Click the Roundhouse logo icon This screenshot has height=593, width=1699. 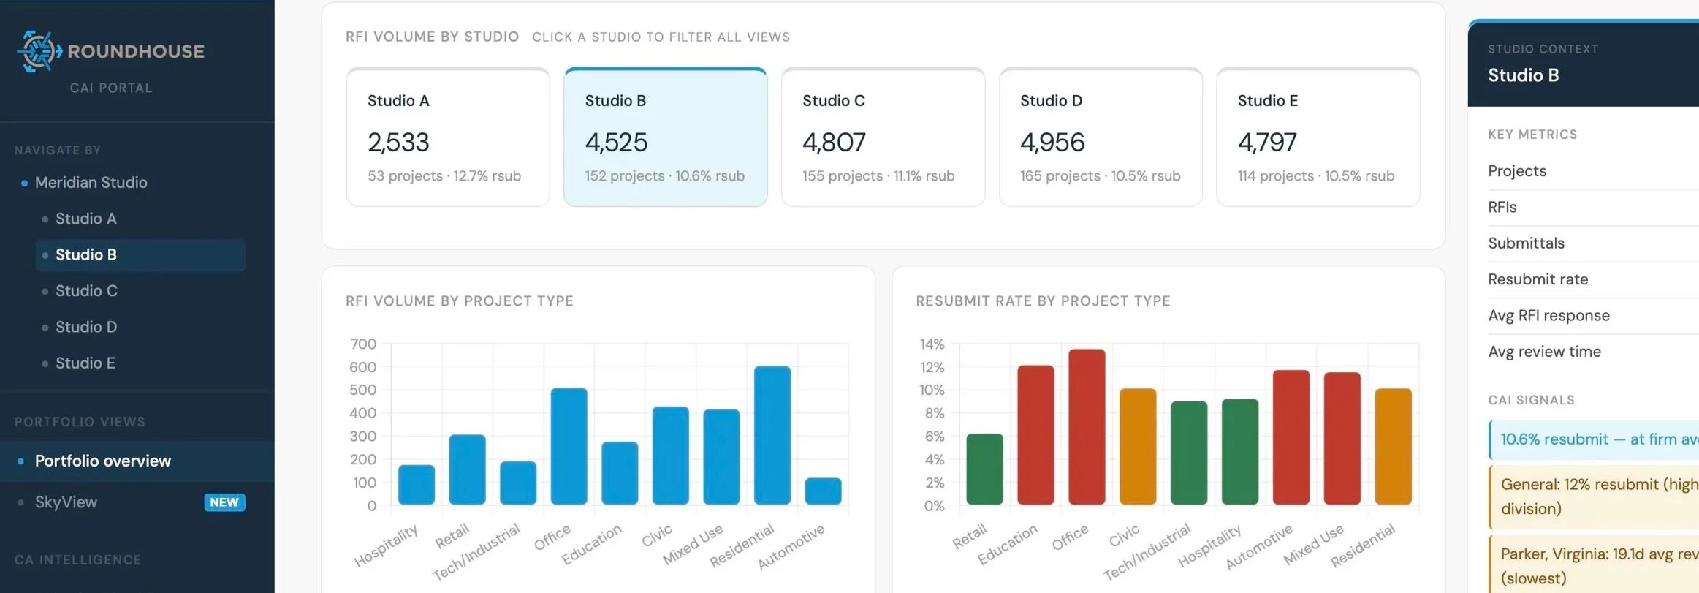tap(39, 51)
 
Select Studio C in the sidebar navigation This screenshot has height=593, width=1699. tap(86, 291)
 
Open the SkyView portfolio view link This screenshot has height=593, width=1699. tap(66, 502)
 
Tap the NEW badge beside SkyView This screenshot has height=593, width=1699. tap(224, 502)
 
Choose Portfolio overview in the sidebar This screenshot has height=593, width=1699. tap(103, 461)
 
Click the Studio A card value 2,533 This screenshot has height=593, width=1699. tap(398, 142)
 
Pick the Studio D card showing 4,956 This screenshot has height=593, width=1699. tap(1101, 137)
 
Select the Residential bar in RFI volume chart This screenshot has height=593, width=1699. tap(772, 435)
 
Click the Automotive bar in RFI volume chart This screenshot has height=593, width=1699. tap(823, 491)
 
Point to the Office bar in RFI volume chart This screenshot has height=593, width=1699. tap(569, 446)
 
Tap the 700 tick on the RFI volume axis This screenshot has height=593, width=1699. tap(363, 344)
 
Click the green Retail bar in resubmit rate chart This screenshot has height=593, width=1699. tap(984, 469)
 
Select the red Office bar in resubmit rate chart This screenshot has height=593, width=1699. tap(1087, 427)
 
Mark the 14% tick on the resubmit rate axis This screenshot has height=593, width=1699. tap(932, 344)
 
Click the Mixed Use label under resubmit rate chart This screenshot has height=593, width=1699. tap(1313, 544)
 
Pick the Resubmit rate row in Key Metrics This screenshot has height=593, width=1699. tap(1538, 279)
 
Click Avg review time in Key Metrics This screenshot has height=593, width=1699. tap(1544, 352)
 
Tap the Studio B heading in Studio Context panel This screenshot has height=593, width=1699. tap(1524, 75)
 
